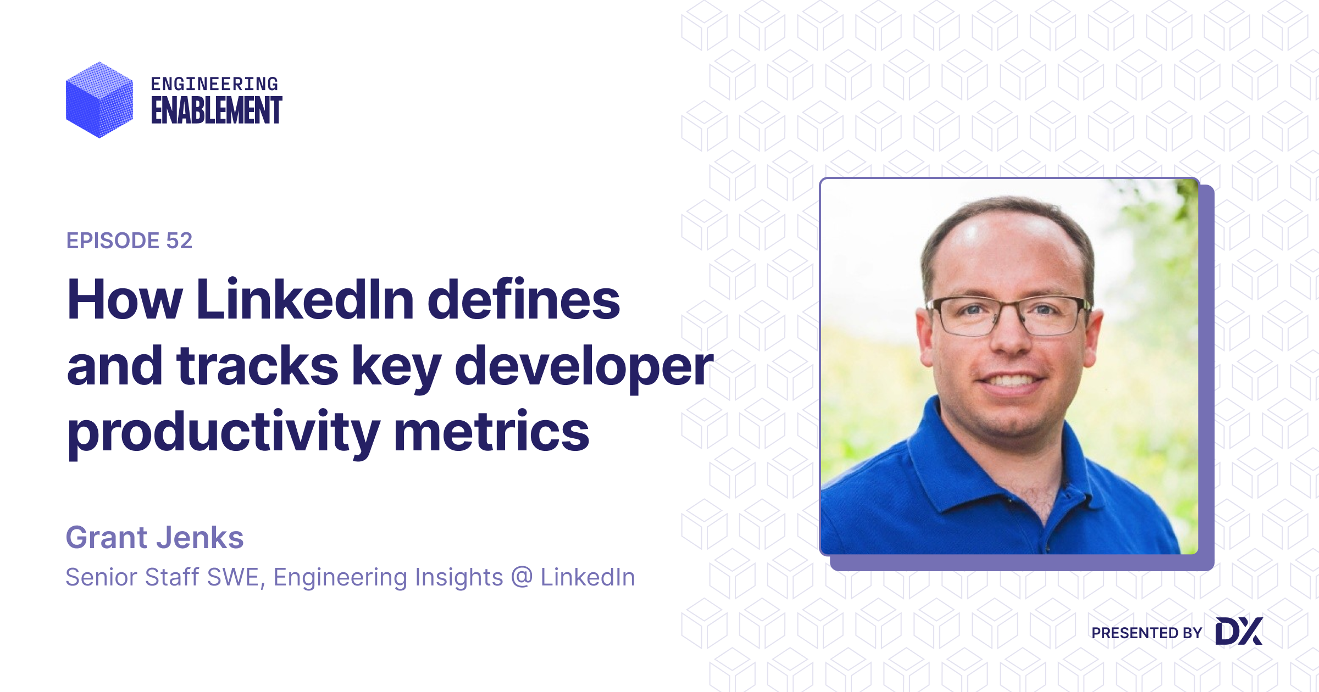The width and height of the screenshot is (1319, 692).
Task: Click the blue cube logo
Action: tap(99, 99)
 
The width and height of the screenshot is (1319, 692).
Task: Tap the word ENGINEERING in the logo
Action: tap(214, 84)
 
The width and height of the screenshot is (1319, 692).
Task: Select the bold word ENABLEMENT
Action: tap(217, 110)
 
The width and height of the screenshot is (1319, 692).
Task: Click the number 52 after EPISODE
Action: tap(179, 241)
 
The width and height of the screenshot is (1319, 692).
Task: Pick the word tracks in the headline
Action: tap(257, 365)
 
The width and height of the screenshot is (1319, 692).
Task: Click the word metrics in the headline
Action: tap(492, 431)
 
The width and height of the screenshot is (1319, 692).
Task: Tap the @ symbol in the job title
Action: tap(522, 577)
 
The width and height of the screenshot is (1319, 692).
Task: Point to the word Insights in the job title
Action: tap(459, 577)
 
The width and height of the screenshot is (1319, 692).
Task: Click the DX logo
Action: tap(1239, 631)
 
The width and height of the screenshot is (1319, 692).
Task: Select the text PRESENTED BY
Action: tap(1146, 633)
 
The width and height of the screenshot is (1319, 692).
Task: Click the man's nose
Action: tap(1010, 335)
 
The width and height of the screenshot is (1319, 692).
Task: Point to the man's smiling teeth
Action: tap(1010, 380)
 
